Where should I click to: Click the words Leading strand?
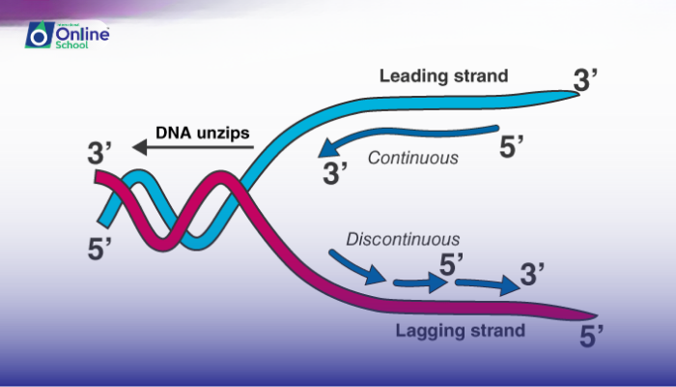(x=443, y=74)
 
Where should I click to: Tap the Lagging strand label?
(x=460, y=331)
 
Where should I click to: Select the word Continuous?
(x=412, y=158)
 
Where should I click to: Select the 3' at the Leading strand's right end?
(x=587, y=79)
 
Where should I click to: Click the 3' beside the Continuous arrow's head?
(x=335, y=175)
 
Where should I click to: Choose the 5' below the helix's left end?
(x=99, y=248)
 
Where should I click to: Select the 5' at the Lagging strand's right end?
(x=592, y=336)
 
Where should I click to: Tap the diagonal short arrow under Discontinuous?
(x=349, y=265)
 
